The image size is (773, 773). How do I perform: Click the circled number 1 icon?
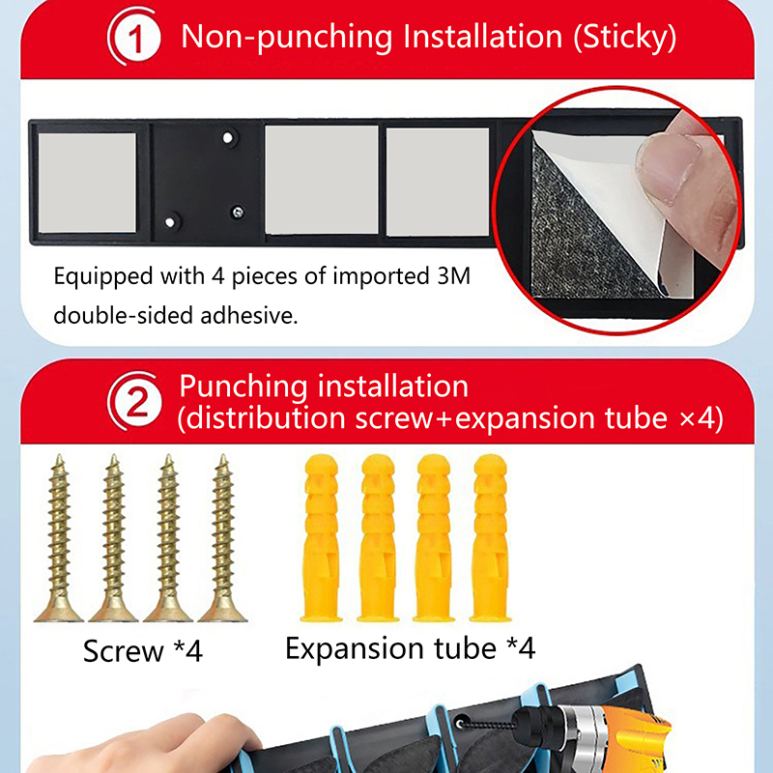coord(134,37)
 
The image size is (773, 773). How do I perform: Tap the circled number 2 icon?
coord(134,401)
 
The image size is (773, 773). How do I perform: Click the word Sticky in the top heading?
coord(624,38)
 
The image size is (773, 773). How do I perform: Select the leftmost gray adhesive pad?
coord(87,183)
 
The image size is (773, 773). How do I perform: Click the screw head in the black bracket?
coord(238,213)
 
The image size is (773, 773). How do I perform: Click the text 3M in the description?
coord(453,276)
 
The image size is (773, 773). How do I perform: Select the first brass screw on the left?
coord(59,538)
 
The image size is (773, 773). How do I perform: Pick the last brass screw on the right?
coord(223,538)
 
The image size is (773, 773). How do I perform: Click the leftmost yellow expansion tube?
coord(322,537)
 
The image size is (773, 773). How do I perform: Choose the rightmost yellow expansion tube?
coord(490,537)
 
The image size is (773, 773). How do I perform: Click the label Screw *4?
coord(143,650)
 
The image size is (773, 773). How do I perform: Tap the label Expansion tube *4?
coord(410,647)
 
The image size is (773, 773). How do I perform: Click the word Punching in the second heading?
coord(243,386)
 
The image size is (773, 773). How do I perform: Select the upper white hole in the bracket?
coord(228,137)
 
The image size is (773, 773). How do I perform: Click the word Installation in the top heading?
coord(482,37)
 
